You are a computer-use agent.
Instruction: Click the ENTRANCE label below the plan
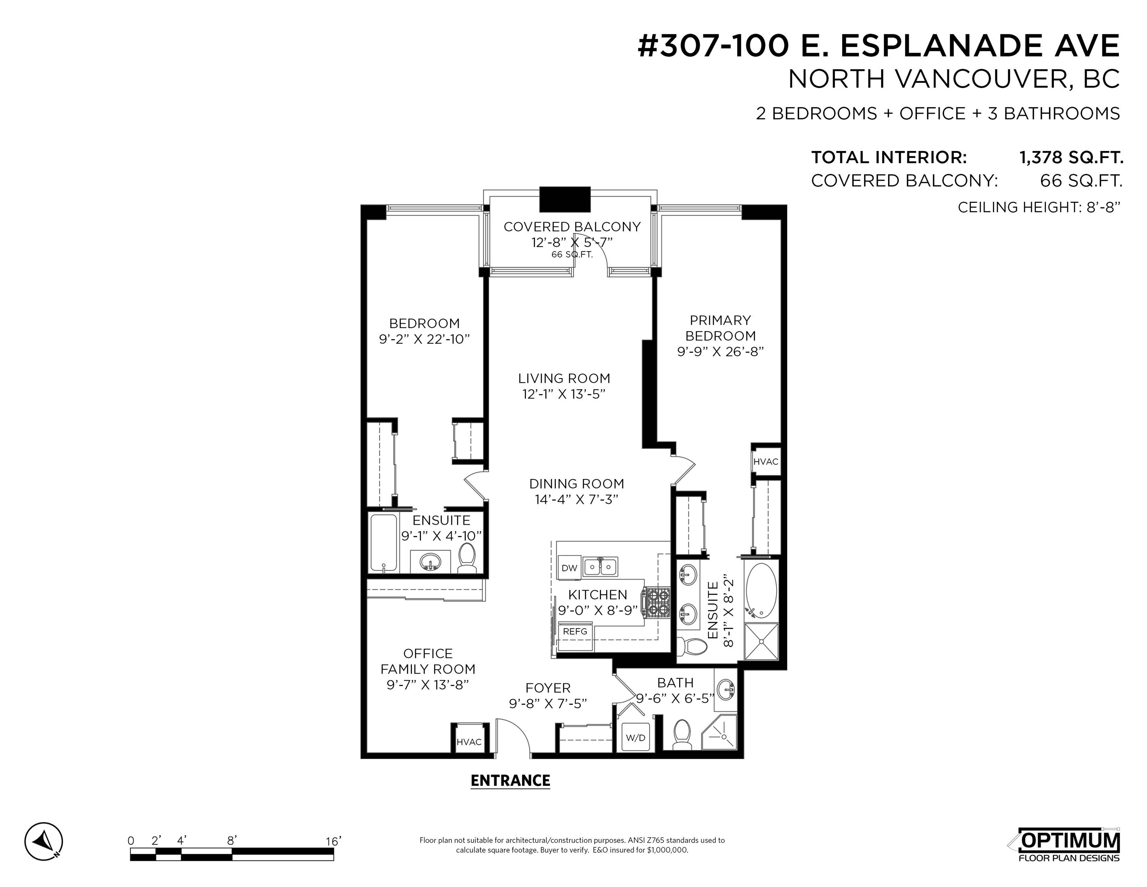pos(510,780)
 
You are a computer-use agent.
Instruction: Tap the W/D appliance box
pos(636,737)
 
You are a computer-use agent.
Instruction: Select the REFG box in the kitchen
pos(575,631)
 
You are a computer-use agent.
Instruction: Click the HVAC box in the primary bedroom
pos(766,461)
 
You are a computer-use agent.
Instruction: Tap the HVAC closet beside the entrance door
pos(469,742)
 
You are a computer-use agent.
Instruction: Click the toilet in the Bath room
pos(682,735)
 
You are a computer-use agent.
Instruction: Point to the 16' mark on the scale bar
pos(333,841)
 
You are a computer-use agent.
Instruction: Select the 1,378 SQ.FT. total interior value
pos(1071,157)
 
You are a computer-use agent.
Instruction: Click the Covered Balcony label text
pos(572,226)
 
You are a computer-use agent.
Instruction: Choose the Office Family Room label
pos(427,661)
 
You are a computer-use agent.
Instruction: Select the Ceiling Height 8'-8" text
pos(1039,207)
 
